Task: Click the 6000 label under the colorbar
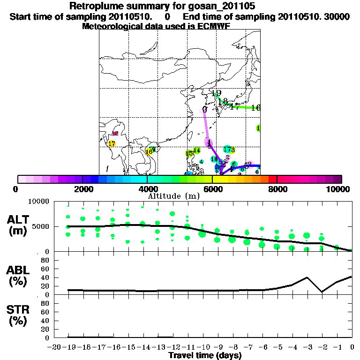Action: coord(212,189)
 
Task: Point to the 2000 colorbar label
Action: coord(82,189)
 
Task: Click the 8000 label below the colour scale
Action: coord(277,189)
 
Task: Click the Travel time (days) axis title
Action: coord(205,356)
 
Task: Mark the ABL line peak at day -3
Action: coord(307,277)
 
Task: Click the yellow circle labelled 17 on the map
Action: coord(112,143)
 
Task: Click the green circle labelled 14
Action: coord(197,150)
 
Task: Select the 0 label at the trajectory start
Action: coord(205,110)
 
